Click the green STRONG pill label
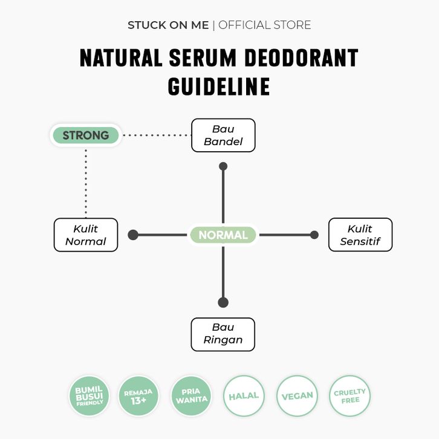[x=86, y=135]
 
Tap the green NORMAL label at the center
[x=223, y=235]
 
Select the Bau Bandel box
[x=223, y=135]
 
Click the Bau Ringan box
[x=223, y=334]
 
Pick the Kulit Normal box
[x=86, y=235]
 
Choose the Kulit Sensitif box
[x=360, y=235]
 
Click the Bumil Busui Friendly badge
[x=89, y=395]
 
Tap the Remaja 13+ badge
[x=138, y=395]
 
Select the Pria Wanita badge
[x=192, y=395]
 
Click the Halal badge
[x=244, y=395]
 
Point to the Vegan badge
[x=297, y=395]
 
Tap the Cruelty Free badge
[x=350, y=395]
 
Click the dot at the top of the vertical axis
[x=223, y=166]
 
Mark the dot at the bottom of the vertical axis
[x=223, y=302]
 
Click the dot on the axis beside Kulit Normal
[x=133, y=235]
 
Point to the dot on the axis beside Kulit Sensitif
[x=314, y=235]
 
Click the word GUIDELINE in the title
[x=219, y=86]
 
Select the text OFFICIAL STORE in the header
[x=265, y=25]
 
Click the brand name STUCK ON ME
[x=168, y=25]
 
